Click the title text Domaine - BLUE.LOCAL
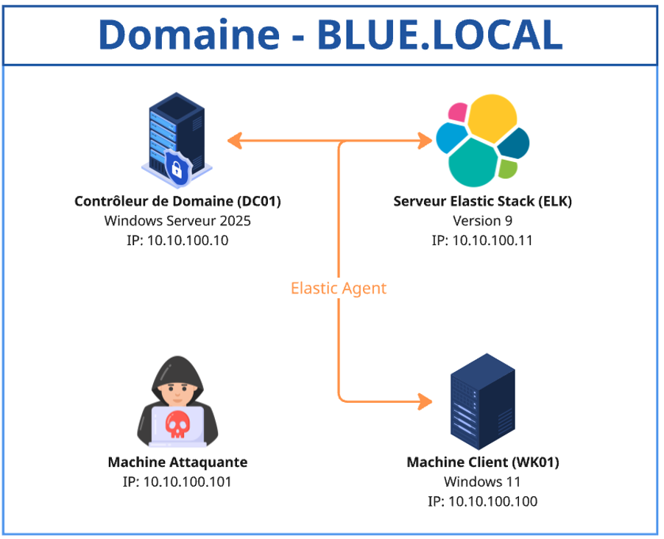(331, 34)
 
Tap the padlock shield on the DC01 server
(177, 168)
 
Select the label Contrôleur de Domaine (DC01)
(178, 201)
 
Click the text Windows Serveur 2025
(178, 220)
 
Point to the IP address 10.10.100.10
(178, 240)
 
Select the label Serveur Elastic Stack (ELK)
(482, 201)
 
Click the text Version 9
(482, 220)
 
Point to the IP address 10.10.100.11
(482, 240)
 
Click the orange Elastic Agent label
(339, 288)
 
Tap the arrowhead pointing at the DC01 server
(235, 140)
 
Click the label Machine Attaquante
(177, 462)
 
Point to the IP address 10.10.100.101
(177, 482)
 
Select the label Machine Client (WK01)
(483, 462)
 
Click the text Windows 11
(483, 482)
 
